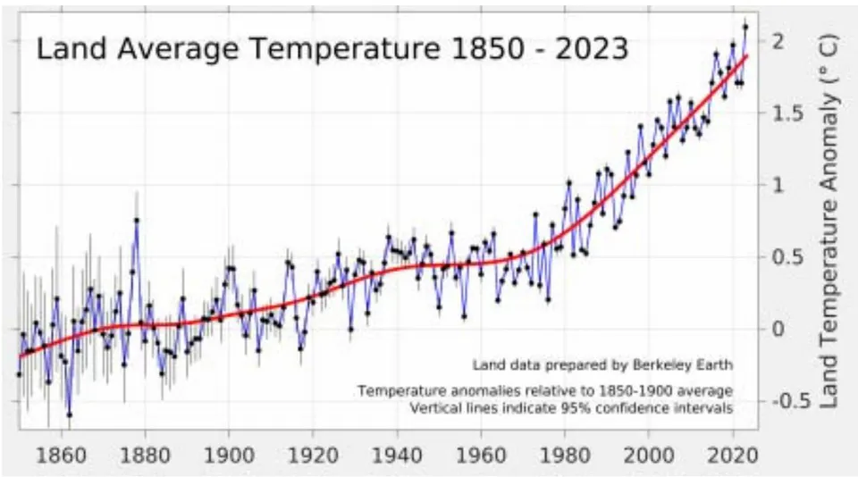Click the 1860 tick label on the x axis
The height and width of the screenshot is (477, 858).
[62, 456]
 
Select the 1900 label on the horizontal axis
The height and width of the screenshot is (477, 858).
[229, 456]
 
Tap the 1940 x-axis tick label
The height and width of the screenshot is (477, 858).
[397, 456]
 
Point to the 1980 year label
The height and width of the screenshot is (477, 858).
[565, 456]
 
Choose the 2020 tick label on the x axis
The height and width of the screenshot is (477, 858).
[733, 456]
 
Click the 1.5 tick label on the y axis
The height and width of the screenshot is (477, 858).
[787, 113]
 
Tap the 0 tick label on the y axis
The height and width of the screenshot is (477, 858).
[778, 330]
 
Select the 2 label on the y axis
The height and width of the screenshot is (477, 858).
[778, 41]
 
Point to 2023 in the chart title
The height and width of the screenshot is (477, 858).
[591, 49]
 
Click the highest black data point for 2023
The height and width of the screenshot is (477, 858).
[745, 27]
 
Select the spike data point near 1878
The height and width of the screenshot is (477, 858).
[137, 221]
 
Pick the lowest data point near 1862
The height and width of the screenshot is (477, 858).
[70, 415]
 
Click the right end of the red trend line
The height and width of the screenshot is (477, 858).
[746, 55]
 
